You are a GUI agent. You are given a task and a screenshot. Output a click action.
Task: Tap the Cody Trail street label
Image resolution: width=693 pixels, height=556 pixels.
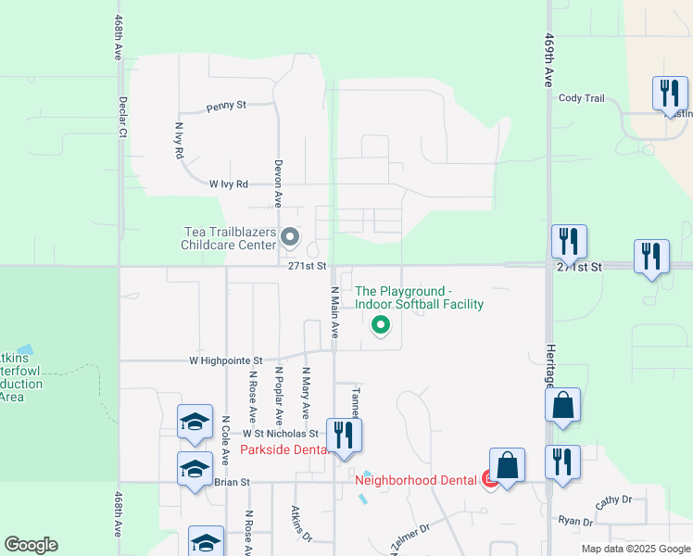(581, 98)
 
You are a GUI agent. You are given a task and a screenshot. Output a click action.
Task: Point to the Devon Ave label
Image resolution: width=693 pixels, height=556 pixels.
(277, 182)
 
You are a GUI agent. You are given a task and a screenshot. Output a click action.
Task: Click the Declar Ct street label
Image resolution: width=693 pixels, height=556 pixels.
(121, 117)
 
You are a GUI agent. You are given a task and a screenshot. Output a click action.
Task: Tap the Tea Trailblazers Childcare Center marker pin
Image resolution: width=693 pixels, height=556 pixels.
(289, 238)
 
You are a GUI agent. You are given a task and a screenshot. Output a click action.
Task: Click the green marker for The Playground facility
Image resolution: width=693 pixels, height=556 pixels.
(379, 325)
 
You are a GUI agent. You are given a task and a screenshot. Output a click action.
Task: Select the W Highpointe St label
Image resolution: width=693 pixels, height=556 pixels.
(226, 360)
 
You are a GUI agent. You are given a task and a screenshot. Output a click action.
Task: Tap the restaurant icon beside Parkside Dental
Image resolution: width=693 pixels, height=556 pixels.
(344, 436)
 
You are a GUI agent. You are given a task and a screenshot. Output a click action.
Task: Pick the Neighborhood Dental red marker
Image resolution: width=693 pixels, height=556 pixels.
(489, 479)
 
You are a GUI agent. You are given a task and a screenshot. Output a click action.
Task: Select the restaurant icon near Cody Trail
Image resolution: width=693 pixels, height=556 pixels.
(669, 95)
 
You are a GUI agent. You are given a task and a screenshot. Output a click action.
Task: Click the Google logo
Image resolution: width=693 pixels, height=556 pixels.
(31, 545)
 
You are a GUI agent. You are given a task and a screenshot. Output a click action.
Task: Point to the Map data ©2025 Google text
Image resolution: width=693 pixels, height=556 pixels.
(635, 549)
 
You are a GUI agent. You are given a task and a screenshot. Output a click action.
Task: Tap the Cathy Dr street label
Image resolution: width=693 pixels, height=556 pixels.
(612, 500)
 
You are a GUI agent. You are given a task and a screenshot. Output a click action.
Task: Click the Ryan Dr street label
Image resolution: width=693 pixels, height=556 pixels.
(575, 522)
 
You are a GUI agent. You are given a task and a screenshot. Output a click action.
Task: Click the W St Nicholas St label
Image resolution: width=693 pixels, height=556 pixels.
(281, 433)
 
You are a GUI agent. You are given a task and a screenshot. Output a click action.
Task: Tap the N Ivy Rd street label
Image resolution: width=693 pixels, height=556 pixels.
(179, 140)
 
